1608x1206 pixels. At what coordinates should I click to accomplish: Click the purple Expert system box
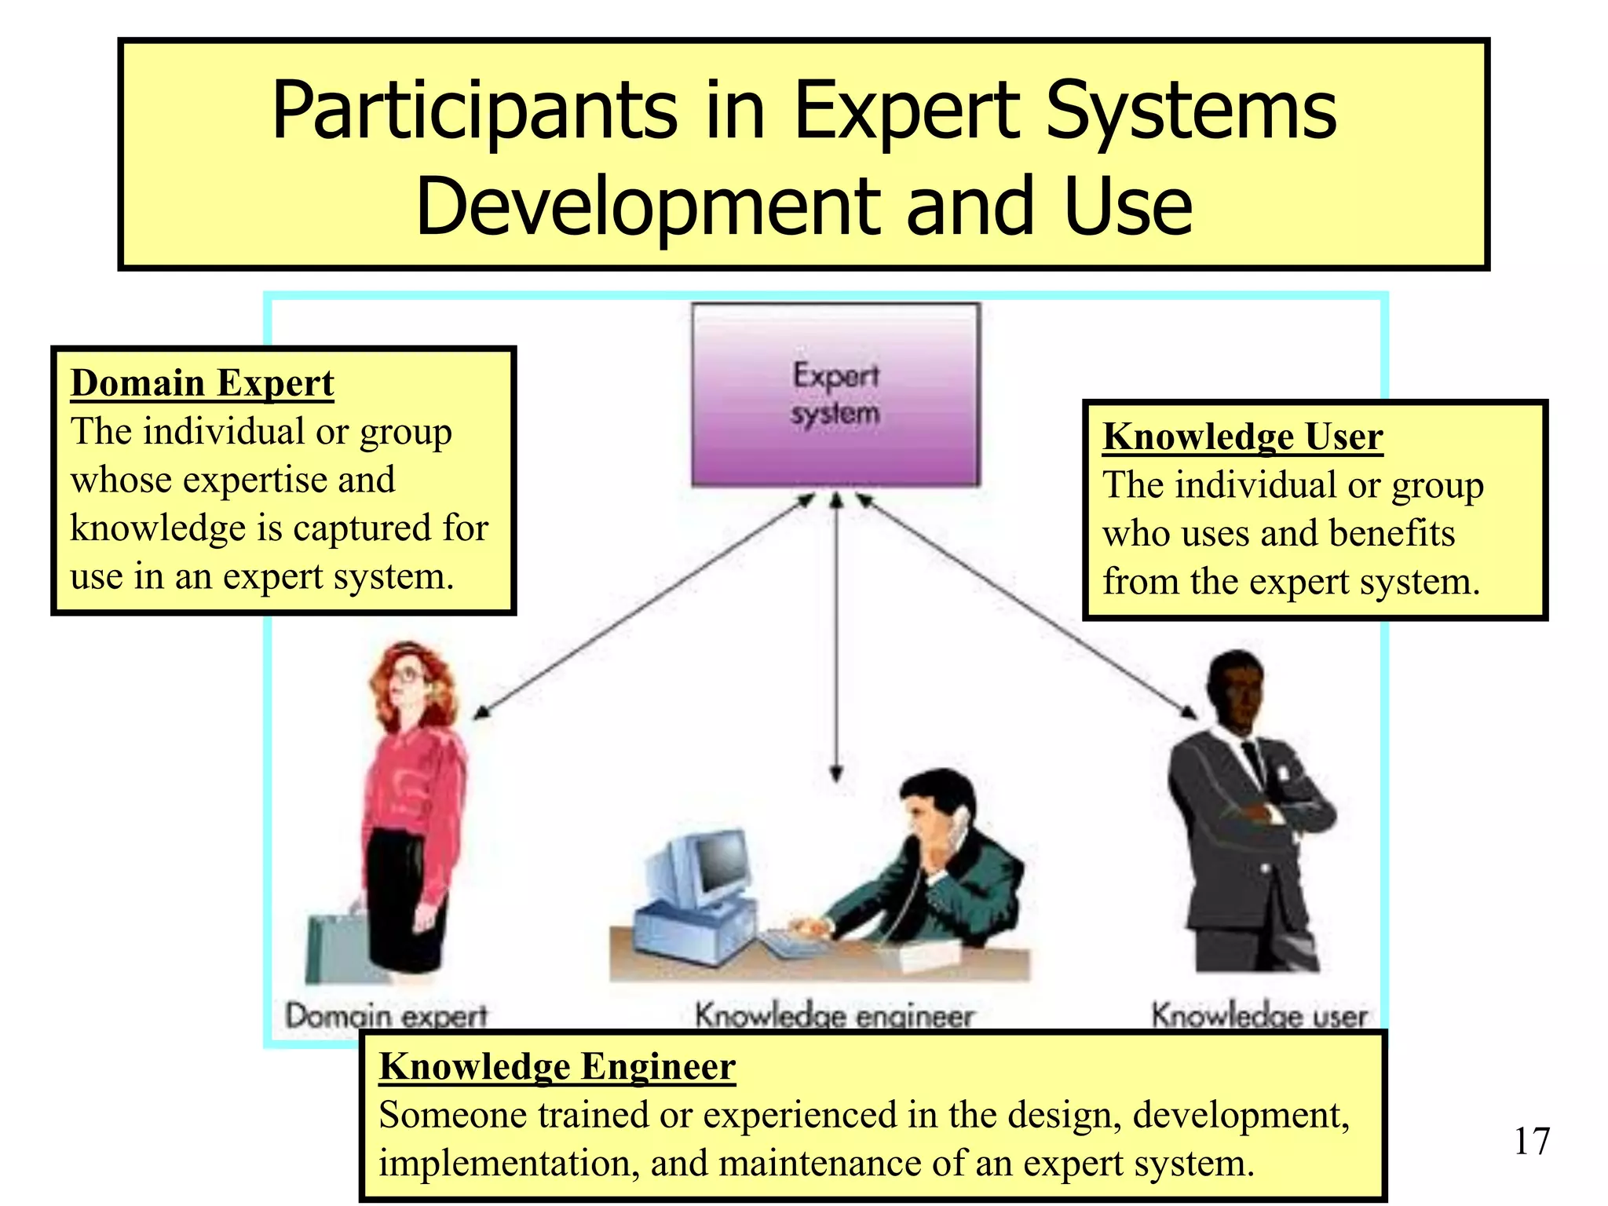click(835, 394)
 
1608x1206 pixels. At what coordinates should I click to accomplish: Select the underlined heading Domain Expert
click(203, 383)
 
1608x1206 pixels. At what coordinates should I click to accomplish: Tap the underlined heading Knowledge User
click(1242, 437)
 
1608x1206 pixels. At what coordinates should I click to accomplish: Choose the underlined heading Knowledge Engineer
click(557, 1066)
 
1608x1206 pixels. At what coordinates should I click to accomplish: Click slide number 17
click(1531, 1141)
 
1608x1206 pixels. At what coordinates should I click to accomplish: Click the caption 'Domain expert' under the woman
click(386, 1016)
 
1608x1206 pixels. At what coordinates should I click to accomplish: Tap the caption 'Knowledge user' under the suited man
click(1259, 1015)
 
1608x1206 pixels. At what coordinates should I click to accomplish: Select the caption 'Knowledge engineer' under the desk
click(834, 1016)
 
